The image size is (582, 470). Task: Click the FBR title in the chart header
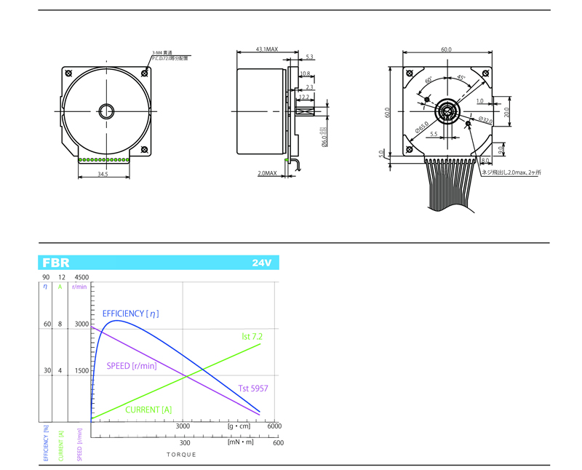(x=56, y=263)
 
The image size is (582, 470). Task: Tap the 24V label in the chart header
(x=262, y=263)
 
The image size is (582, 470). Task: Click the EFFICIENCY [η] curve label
(x=131, y=314)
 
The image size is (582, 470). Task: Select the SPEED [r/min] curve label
(x=132, y=365)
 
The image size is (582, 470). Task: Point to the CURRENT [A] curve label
(x=148, y=410)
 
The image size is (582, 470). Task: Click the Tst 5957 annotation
(x=253, y=389)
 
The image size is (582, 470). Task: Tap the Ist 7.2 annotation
(x=252, y=337)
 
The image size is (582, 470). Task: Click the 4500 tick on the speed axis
(x=81, y=277)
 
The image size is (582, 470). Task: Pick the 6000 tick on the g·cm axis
(x=274, y=427)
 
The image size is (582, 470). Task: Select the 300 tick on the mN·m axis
(x=185, y=442)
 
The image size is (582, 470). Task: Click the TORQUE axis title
(x=181, y=454)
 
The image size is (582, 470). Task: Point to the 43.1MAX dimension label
(x=267, y=49)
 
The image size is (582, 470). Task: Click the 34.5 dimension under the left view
(x=103, y=175)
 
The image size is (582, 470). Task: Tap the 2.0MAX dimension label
(x=267, y=173)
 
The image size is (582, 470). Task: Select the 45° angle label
(x=461, y=78)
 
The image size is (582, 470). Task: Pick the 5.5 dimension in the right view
(x=434, y=134)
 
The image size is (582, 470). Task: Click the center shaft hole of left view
(x=106, y=111)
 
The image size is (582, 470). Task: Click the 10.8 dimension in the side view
(x=305, y=73)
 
